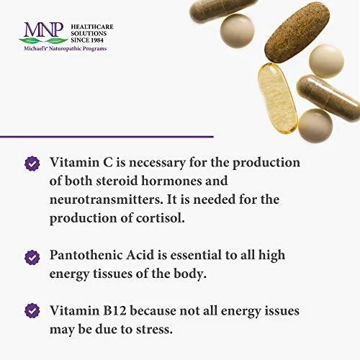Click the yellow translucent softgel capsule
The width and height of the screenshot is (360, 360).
pyautogui.click(x=278, y=99)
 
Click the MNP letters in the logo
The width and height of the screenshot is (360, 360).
pyautogui.click(x=44, y=30)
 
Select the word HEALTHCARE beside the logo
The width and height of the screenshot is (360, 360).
pyautogui.click(x=92, y=27)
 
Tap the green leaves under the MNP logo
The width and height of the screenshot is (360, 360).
pyautogui.click(x=43, y=40)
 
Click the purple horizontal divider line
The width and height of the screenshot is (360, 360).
pyautogui.click(x=107, y=137)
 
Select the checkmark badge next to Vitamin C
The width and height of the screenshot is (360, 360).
pyautogui.click(x=32, y=163)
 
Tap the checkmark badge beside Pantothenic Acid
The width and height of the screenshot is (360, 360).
pyautogui.click(x=32, y=258)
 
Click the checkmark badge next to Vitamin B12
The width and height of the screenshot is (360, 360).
pyautogui.click(x=32, y=310)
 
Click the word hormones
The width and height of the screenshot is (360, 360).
pyautogui.click(x=171, y=181)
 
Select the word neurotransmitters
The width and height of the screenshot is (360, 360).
pyautogui.click(x=104, y=199)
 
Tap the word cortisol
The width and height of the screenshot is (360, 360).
pyautogui.click(x=160, y=218)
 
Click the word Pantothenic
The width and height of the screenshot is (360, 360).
pyautogui.click(x=86, y=255)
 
